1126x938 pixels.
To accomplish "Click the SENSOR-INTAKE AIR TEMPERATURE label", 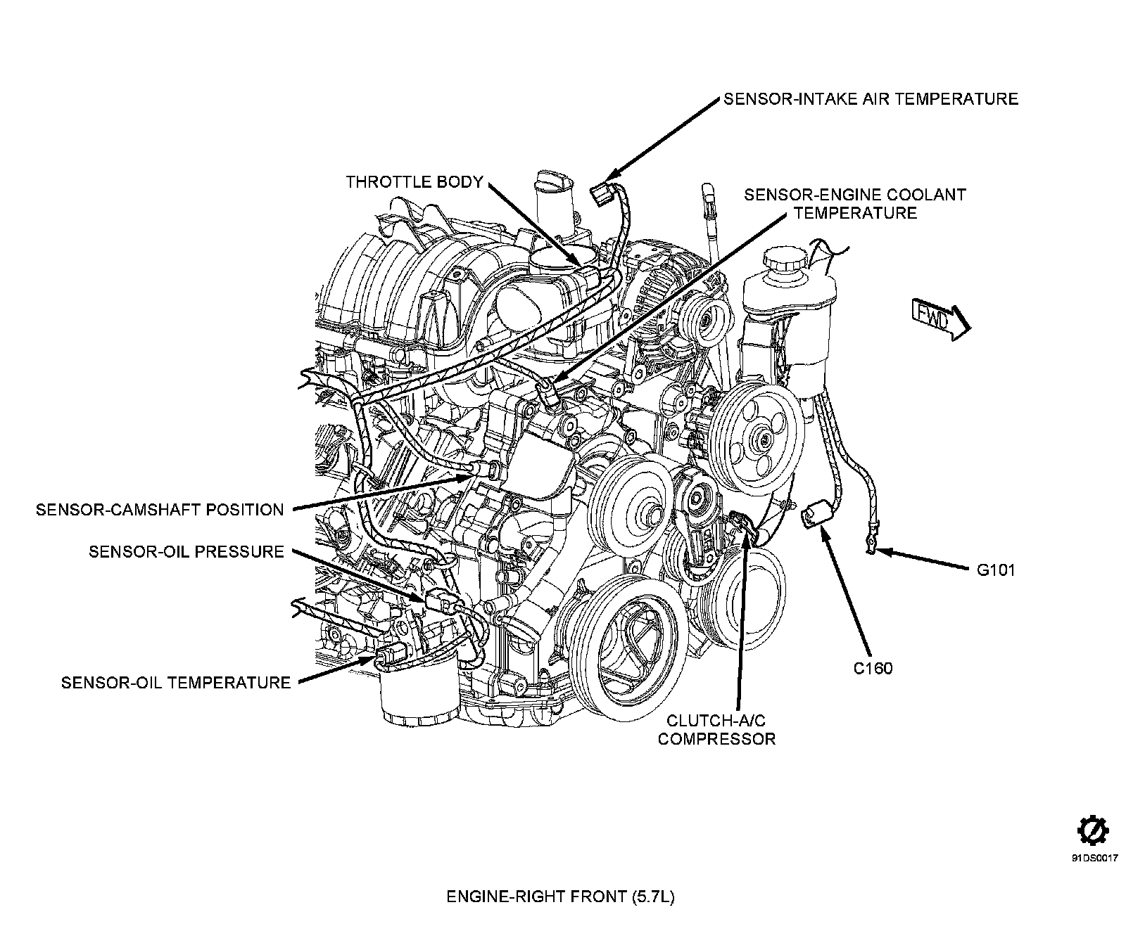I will point(871,99).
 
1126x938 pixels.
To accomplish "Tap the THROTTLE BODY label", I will point(415,183).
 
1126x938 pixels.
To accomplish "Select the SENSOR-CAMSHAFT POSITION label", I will point(160,510).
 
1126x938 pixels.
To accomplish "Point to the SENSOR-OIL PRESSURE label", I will point(186,551).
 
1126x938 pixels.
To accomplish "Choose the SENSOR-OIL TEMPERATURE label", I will point(176,682).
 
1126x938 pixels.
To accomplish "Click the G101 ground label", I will point(995,570).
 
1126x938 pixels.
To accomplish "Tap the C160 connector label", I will point(873,668).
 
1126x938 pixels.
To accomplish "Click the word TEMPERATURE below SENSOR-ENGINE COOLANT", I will point(855,213).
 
